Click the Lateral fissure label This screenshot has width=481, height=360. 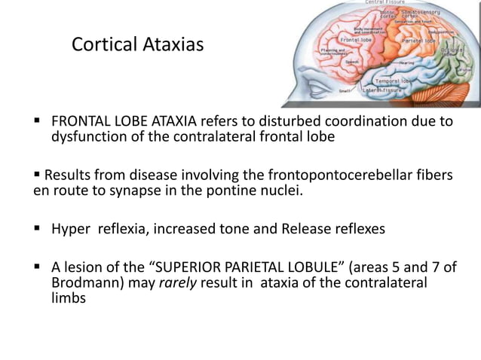point(381,90)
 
